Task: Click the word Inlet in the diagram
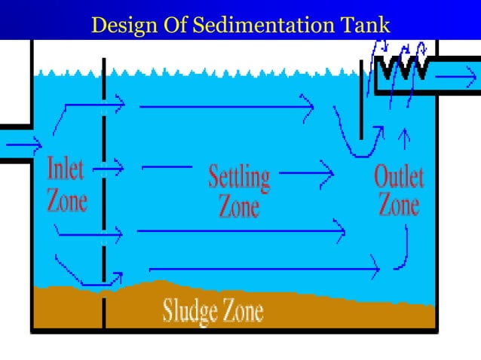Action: coord(65,169)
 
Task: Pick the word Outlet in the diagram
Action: coord(399,178)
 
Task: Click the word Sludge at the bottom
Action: coord(187,310)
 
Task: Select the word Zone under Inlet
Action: coord(66,200)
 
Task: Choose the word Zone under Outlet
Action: coord(399,204)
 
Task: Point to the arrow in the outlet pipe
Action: coord(456,77)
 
